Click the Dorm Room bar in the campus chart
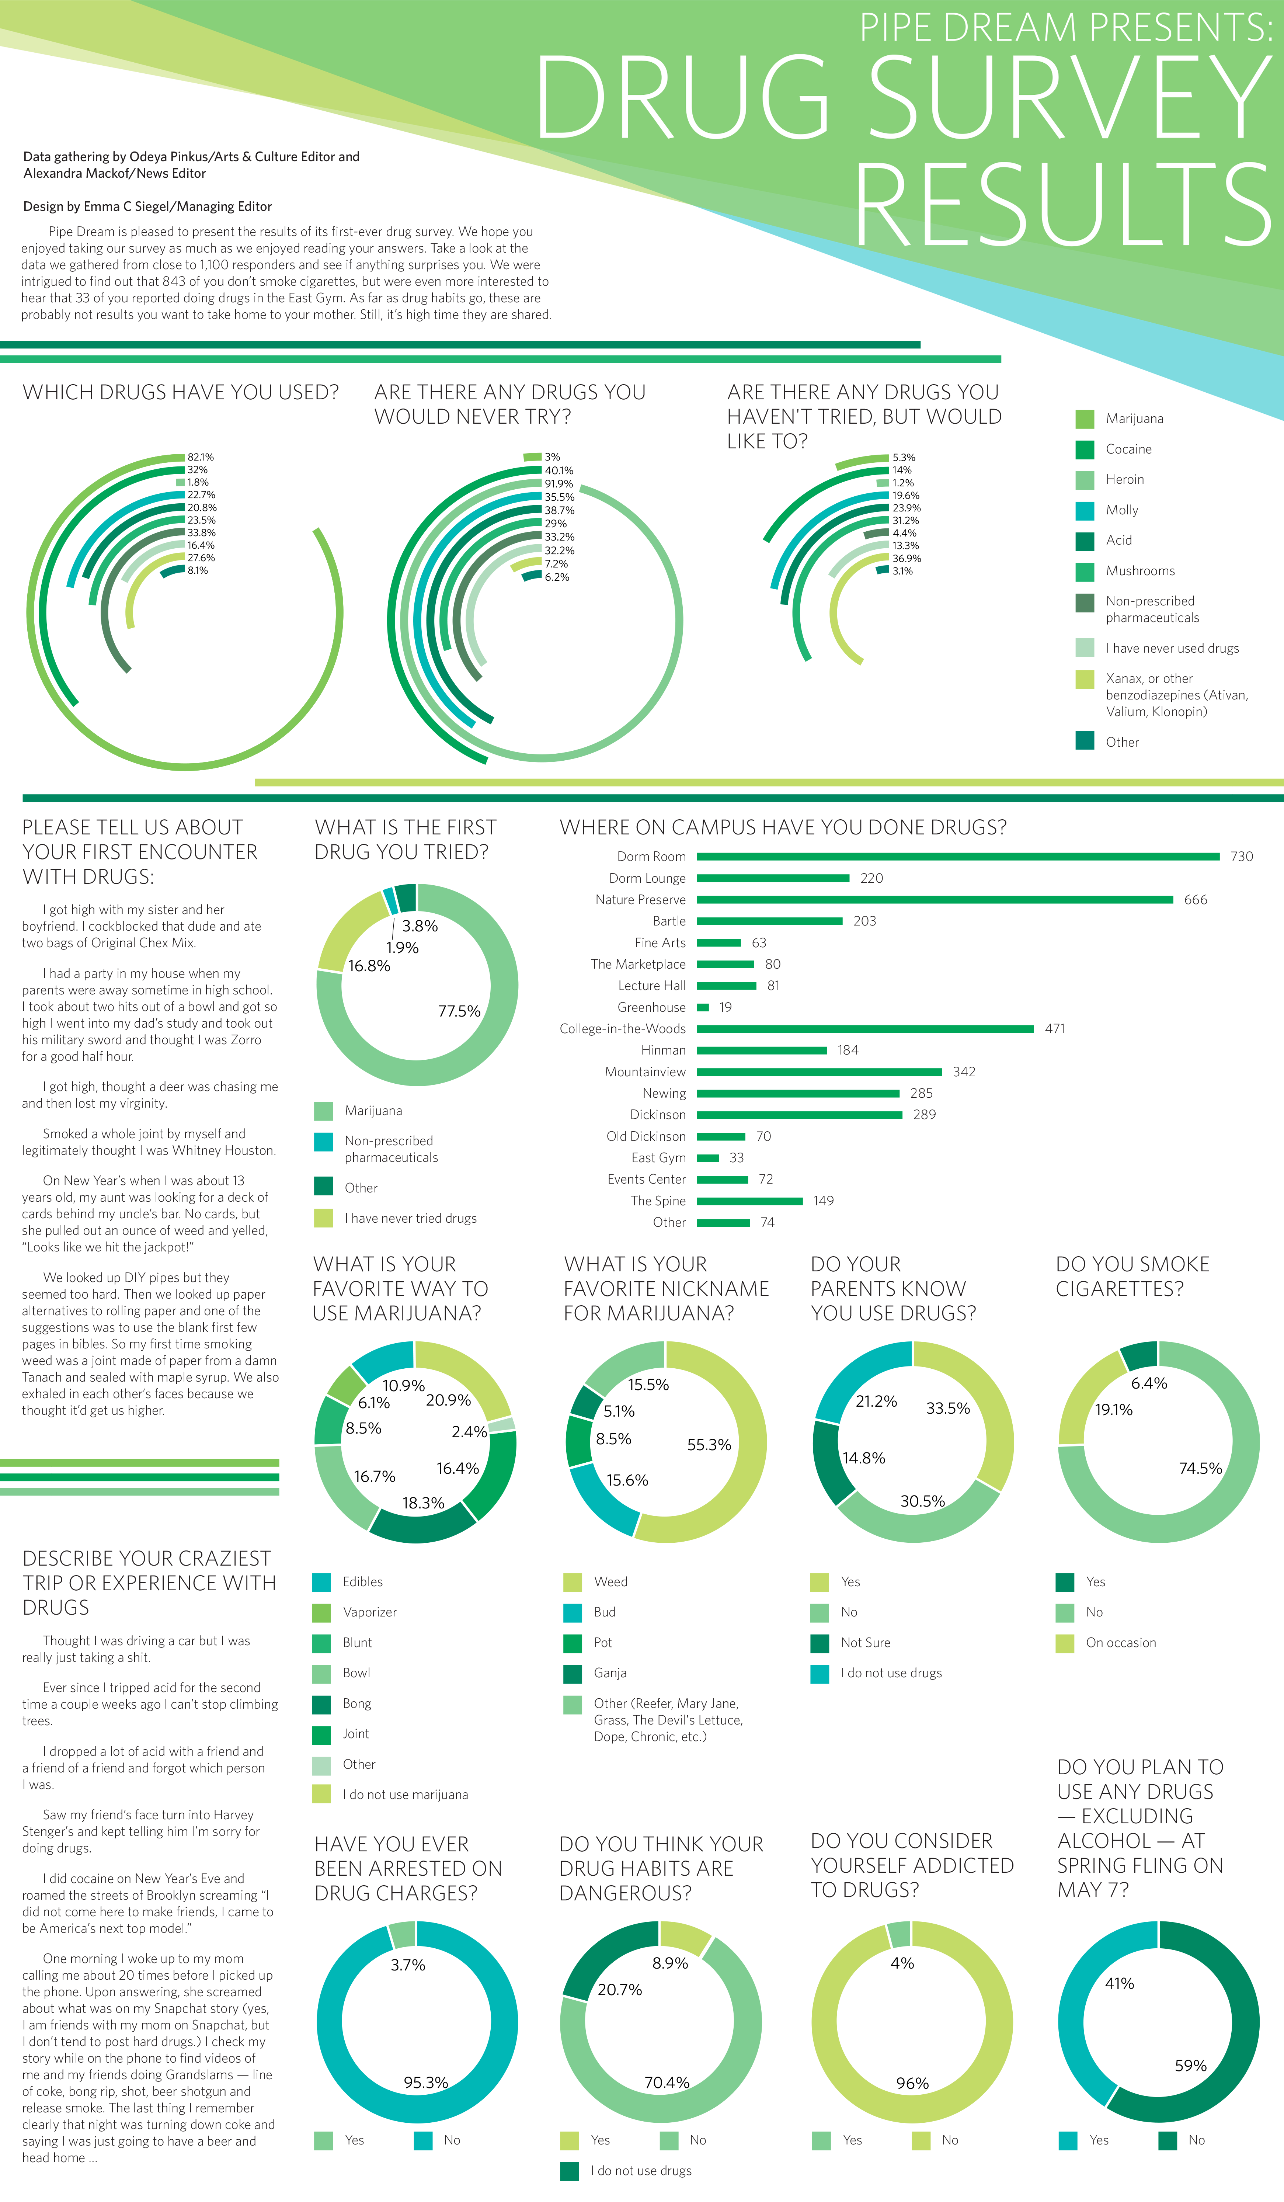click(x=957, y=856)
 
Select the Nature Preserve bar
click(x=935, y=899)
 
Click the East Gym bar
click(x=707, y=1158)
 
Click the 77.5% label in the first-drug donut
click(x=459, y=1011)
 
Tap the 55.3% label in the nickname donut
click(x=709, y=1444)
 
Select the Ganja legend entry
click(x=610, y=1673)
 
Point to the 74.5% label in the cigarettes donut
click(x=1200, y=1468)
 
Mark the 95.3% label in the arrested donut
click(x=425, y=2082)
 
